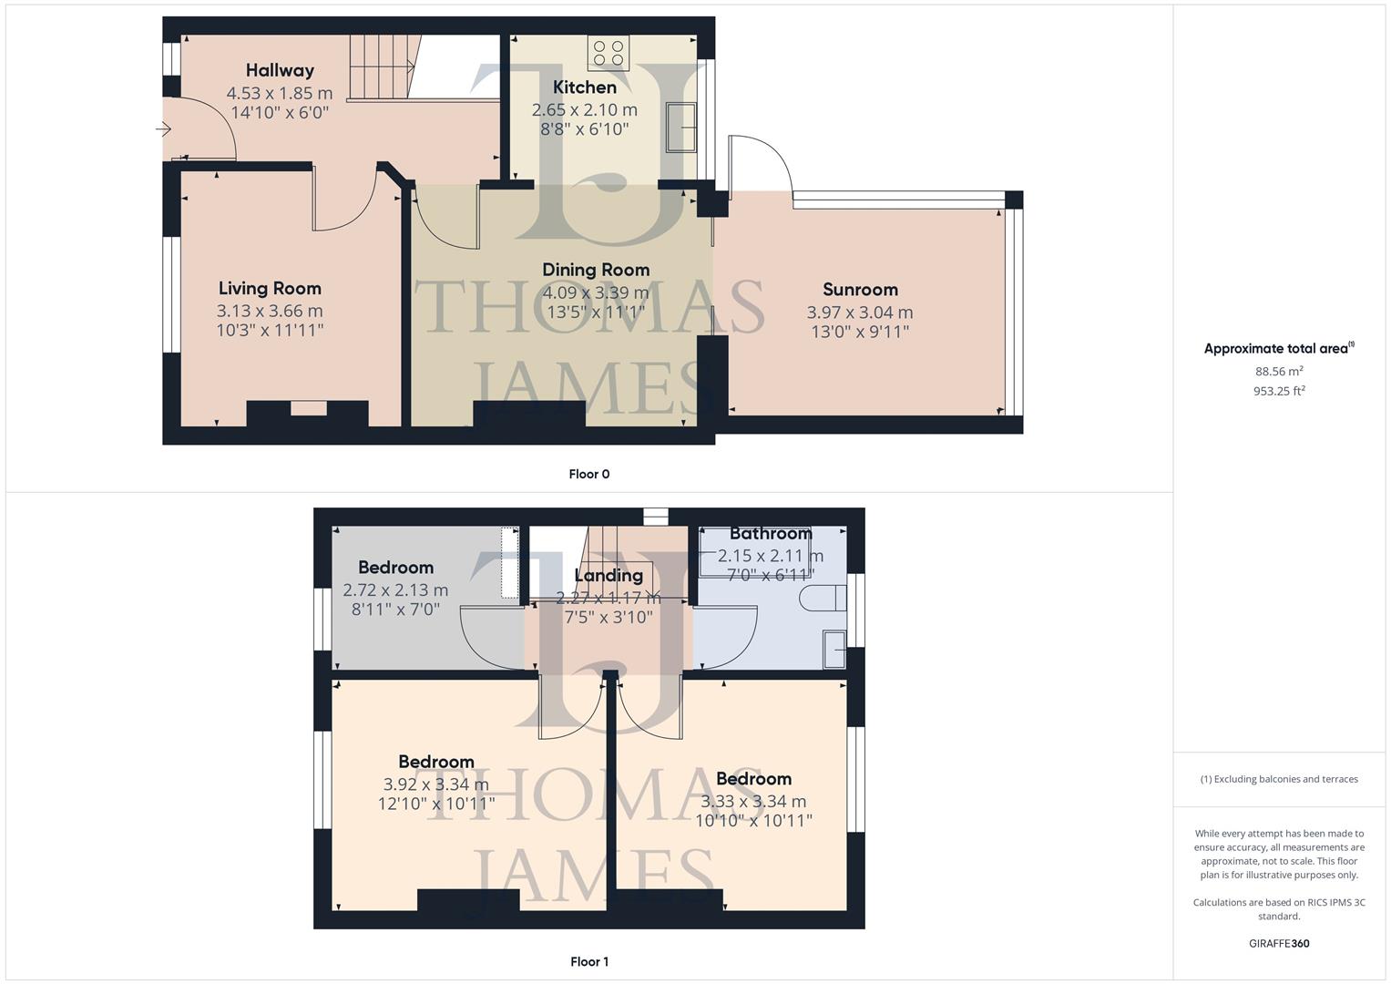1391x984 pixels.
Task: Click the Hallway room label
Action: (280, 70)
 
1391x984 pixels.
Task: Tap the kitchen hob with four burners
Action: (608, 53)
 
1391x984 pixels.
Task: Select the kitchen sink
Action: (681, 127)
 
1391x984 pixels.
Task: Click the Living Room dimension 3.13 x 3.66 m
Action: (270, 311)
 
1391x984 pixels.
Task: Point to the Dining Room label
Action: (596, 270)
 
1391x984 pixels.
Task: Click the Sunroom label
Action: (860, 290)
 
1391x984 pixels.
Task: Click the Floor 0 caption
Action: (588, 474)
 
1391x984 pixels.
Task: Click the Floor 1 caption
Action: (588, 961)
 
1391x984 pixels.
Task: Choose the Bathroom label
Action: (770, 534)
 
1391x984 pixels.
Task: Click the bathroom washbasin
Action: (834, 648)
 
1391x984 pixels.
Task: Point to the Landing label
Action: (608, 576)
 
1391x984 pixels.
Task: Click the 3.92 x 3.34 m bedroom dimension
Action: (435, 784)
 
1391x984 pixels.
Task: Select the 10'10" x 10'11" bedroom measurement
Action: (753, 820)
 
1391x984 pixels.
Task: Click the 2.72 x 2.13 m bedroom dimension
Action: (395, 589)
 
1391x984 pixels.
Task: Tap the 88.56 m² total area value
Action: (1279, 371)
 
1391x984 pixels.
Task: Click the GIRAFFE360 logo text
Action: (1279, 943)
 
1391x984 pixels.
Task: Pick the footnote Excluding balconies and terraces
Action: (1279, 779)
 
